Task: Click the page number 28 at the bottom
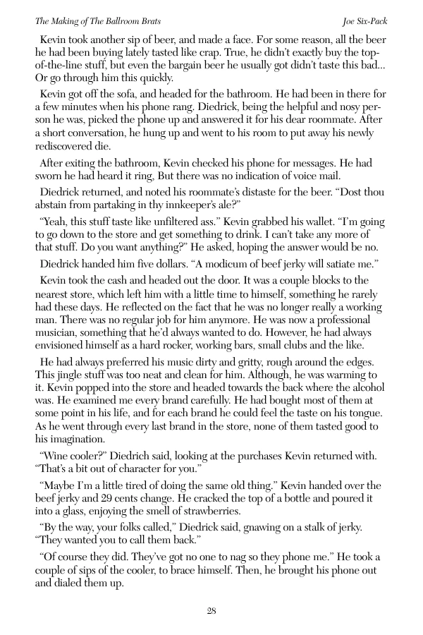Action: (x=211, y=611)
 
